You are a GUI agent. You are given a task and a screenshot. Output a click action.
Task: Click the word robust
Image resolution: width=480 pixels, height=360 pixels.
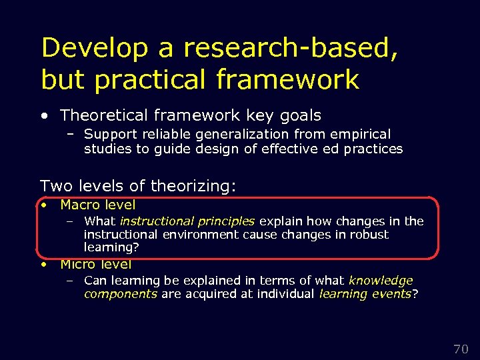[x=370, y=234]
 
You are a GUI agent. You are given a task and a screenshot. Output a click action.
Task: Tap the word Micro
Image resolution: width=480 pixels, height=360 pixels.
[x=78, y=264]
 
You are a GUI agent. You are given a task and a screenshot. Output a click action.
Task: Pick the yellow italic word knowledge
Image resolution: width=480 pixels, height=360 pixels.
[x=381, y=281]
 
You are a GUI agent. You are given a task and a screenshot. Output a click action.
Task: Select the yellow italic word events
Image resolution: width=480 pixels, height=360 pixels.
[x=391, y=294]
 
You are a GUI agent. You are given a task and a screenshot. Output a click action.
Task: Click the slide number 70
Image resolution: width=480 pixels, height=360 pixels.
[x=461, y=349]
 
